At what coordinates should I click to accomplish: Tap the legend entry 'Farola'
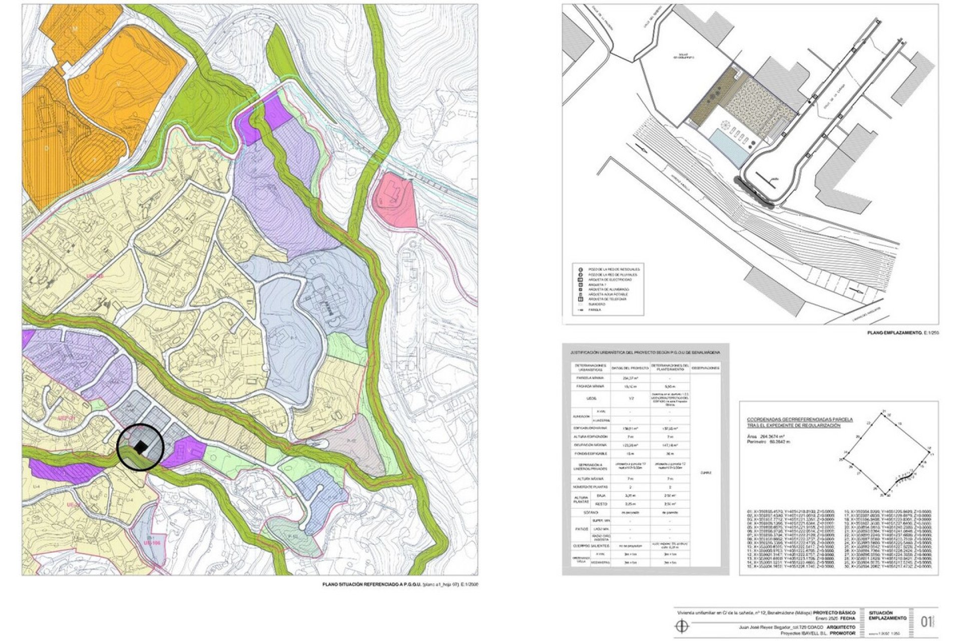[595, 309]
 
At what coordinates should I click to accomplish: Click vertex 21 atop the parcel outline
[884, 411]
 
